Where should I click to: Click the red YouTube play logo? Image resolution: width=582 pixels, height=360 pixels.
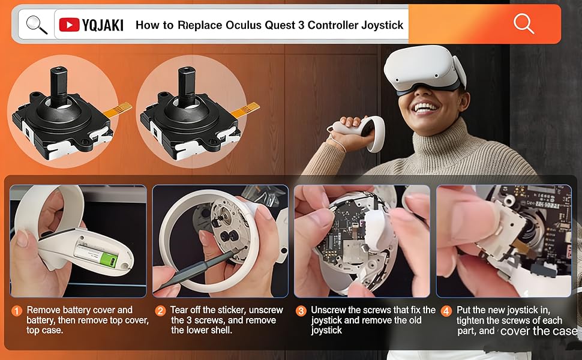(70, 25)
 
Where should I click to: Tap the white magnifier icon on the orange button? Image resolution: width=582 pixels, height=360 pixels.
(523, 23)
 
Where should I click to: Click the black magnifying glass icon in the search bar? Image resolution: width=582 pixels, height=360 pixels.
(37, 25)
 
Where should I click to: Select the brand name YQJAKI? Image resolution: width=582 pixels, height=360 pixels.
(103, 25)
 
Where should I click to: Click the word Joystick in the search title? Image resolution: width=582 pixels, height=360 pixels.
(382, 25)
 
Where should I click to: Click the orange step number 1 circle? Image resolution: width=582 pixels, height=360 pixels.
(17, 311)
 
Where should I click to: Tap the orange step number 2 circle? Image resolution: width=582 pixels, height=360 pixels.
(160, 311)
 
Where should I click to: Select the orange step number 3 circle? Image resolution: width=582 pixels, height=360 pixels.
(301, 311)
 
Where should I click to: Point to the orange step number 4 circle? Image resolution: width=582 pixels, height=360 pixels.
(446, 311)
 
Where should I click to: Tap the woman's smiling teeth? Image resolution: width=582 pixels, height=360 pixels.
(425, 108)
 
